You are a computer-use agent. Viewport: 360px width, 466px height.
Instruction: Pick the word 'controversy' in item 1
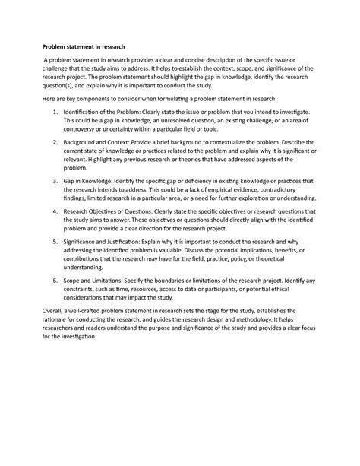coord(87,131)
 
